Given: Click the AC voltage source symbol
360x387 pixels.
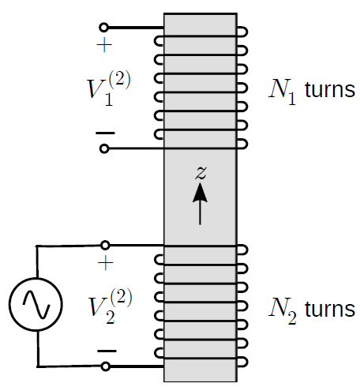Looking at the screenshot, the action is [36, 304].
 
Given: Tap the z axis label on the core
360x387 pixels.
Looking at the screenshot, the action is [201, 173].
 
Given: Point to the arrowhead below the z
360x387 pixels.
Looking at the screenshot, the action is [200, 193].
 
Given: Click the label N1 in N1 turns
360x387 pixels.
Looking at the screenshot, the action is [282, 92].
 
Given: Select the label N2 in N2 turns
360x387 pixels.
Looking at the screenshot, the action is [283, 310].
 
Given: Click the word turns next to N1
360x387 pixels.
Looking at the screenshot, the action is [330, 90].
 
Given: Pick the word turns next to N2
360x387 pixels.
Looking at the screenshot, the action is [330, 309].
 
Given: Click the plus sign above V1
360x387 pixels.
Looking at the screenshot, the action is [104, 45].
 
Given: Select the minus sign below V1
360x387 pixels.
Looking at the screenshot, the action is [105, 133].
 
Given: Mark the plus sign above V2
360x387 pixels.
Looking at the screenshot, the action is [106, 263].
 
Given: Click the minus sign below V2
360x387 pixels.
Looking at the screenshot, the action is [107, 351].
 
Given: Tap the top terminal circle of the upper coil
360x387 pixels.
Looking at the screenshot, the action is [103, 27].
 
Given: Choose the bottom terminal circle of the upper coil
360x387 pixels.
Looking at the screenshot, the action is [104, 148].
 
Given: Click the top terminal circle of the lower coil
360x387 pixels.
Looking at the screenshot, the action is [105, 245].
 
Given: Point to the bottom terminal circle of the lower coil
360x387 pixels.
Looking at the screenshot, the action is [106, 366].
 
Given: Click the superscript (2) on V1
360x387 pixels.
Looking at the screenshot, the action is [119, 79].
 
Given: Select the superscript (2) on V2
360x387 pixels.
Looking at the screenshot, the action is [121, 297].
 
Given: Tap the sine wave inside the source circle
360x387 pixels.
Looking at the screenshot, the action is [36, 304].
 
